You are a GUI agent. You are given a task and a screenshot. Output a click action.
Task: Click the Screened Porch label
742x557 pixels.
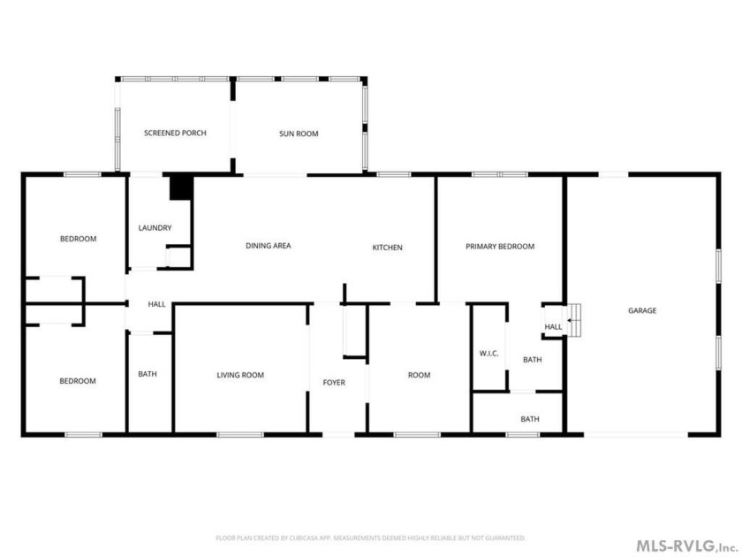175,134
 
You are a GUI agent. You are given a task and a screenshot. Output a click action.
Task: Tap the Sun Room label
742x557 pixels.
299,134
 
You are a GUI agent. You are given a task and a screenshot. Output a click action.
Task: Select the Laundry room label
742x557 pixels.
155,228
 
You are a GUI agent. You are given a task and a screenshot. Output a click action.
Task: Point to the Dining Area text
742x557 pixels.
269,246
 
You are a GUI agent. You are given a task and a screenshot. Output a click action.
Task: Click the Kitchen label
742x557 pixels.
387,248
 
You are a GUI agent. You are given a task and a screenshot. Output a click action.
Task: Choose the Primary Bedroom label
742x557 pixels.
500,247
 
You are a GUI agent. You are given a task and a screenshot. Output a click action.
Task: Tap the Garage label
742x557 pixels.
642,310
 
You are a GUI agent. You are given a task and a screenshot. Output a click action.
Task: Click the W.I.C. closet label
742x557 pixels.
488,354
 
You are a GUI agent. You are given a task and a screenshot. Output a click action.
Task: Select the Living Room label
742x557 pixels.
240,375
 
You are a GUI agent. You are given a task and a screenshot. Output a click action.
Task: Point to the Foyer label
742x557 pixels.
334,382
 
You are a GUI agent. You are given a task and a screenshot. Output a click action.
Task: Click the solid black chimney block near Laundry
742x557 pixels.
182,187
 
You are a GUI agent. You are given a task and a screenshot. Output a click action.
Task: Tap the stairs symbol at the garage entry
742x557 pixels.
574,321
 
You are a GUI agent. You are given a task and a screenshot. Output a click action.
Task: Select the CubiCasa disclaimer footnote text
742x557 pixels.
370,538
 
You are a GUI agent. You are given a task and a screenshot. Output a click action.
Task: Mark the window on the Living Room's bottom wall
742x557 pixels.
240,434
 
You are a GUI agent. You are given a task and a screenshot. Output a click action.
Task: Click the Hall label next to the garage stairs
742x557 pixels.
553,327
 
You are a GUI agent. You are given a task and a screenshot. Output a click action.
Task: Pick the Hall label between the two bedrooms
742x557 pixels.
156,304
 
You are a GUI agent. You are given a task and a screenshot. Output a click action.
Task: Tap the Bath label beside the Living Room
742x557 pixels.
148,374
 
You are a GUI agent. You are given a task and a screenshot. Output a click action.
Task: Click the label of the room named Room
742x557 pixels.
420,375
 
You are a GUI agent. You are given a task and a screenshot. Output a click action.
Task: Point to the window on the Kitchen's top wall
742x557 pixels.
394,175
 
